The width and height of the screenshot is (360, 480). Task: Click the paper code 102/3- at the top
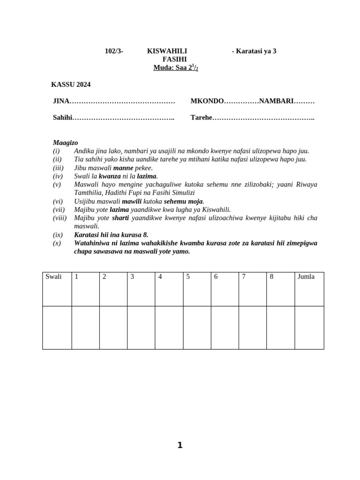pos(114,51)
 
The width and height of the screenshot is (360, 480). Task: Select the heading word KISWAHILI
pos(167,51)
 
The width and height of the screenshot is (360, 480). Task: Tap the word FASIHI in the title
pos(174,60)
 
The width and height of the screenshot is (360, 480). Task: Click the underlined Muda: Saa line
pos(176,68)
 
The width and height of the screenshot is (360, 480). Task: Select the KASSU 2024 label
pos(71,85)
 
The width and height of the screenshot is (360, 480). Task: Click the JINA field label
pos(61,101)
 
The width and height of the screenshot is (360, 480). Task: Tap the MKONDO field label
pos(207,101)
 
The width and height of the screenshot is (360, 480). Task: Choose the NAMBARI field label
pos(276,101)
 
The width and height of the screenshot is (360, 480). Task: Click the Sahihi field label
pos(63,118)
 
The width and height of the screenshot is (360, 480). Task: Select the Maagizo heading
pos(66,142)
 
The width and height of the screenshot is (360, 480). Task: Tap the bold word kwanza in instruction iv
pos(110,176)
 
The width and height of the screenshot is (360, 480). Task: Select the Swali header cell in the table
pos(57,289)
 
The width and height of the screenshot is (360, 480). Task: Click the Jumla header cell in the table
pos(309,289)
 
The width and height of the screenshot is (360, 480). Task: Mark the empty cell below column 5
pos(197,327)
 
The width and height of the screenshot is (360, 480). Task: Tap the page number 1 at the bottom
pos(180,445)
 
